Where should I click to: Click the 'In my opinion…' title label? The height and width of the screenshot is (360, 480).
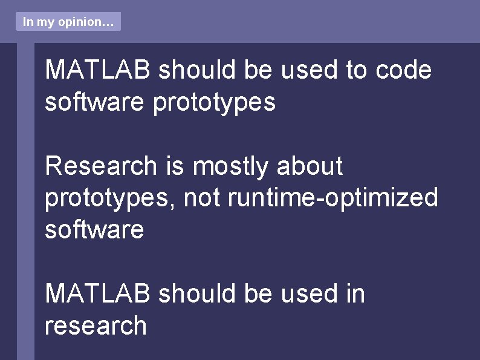(68, 22)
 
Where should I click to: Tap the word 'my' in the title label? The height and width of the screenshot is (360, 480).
(45, 22)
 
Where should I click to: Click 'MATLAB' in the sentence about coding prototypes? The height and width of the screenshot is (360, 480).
(98, 70)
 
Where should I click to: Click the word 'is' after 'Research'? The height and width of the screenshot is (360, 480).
(175, 166)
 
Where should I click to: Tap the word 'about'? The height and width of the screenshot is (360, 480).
(310, 166)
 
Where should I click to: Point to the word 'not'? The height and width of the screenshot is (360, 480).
(201, 198)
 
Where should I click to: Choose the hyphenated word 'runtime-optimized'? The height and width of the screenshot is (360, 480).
(332, 198)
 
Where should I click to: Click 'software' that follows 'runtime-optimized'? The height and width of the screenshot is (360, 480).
(94, 230)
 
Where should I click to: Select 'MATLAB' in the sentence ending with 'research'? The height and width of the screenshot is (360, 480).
(98, 293)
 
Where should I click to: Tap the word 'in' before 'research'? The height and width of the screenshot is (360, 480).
(355, 293)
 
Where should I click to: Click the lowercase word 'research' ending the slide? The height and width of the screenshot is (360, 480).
(96, 326)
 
